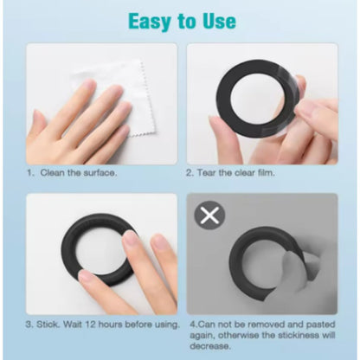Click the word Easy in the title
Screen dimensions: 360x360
[x=150, y=22]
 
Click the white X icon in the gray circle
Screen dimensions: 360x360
[x=209, y=215]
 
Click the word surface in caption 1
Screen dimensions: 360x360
[x=100, y=173]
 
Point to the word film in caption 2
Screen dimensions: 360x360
[x=265, y=173]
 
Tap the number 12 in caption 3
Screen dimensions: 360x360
[x=90, y=325]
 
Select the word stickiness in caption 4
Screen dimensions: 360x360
[x=299, y=335]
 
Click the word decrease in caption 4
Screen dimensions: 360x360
[x=210, y=346]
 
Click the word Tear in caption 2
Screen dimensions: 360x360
[x=206, y=173]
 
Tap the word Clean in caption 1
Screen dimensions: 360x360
[x=53, y=173]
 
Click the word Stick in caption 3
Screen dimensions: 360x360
[x=48, y=325]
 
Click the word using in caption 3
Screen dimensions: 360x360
[x=167, y=325]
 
